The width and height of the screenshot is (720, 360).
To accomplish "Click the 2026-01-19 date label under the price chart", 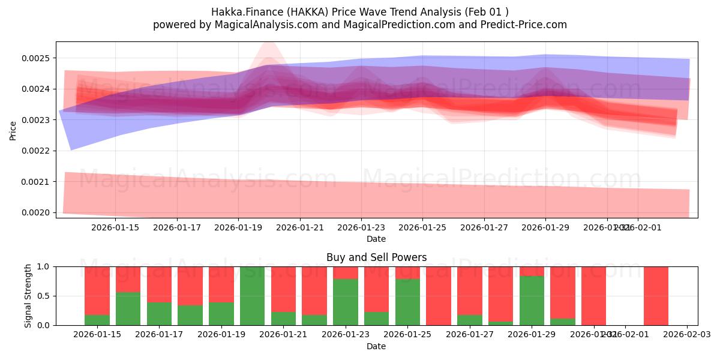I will [x=238, y=227].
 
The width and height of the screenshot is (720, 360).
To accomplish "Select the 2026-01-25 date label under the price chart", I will [x=422, y=227].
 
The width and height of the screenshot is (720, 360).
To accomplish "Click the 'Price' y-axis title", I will [x=13, y=130].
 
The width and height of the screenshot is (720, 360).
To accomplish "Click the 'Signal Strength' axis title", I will [x=28, y=296].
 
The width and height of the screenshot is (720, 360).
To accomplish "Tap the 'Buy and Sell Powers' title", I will [x=376, y=257].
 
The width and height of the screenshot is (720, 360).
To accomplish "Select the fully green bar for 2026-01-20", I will [x=252, y=296].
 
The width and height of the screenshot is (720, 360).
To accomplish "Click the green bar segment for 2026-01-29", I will [x=532, y=301].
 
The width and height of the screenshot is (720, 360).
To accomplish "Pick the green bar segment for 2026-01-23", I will [x=345, y=302].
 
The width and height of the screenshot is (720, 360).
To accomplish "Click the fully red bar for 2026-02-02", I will [x=656, y=296].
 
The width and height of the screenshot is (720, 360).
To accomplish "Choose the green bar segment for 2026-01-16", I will [x=128, y=308].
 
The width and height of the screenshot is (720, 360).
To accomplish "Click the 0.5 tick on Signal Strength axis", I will [x=44, y=296].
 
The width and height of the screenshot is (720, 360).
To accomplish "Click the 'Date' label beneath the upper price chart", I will [x=376, y=239].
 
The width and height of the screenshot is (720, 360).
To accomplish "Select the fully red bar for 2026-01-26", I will [x=439, y=296].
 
